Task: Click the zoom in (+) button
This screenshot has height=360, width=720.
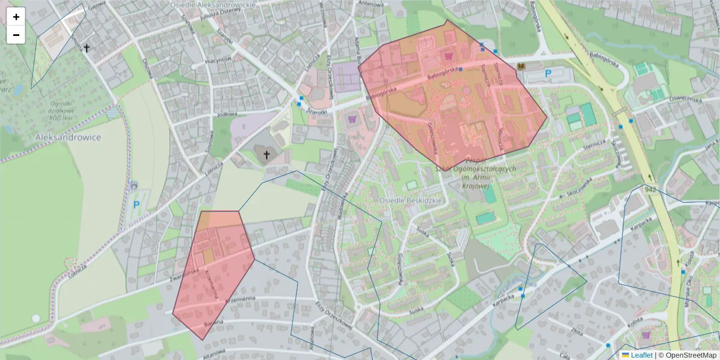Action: click(16, 17)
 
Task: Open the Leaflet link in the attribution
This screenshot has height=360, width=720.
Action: click(641, 355)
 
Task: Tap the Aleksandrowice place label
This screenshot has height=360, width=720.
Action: click(68, 137)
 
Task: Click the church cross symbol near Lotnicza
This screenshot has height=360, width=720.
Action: click(266, 155)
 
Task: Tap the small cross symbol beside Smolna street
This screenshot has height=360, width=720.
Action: click(86, 47)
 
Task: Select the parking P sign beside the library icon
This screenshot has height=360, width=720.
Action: click(547, 73)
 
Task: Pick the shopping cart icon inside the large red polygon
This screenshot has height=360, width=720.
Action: click(448, 56)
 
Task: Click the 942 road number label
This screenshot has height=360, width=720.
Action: click(649, 190)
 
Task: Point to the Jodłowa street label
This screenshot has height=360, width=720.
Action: click(228, 113)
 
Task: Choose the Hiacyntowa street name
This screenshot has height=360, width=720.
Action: click(218, 60)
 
